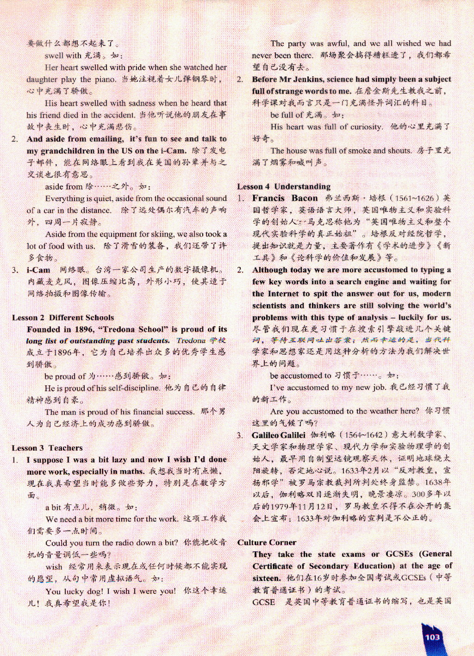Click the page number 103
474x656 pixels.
pos(432,637)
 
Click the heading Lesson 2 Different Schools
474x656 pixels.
pos(63,318)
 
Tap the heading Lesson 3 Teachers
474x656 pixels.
pos(47,448)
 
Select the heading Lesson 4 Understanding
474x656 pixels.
pos(284,186)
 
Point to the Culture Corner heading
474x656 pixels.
pos(267,542)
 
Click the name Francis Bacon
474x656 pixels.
pos(285,198)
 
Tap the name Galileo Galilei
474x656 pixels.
pos(279,435)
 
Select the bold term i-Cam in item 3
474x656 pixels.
pos(38,270)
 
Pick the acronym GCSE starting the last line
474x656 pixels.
pos(263,602)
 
